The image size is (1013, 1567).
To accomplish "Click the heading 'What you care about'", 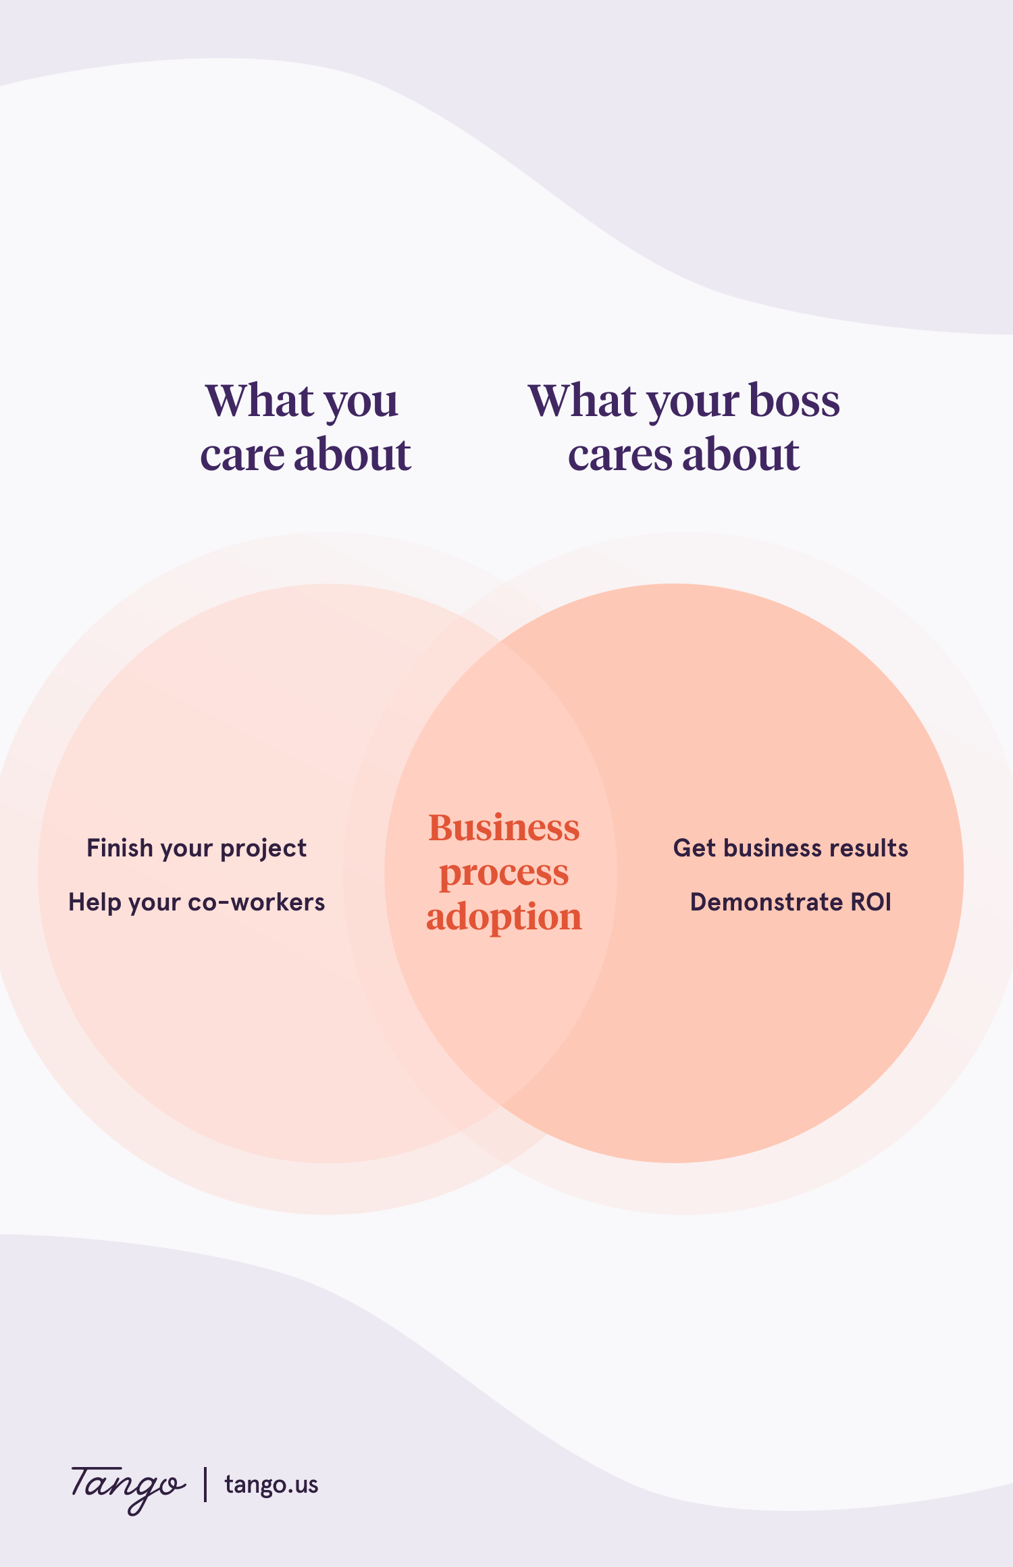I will [305, 427].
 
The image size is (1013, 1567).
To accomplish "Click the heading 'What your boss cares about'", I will [683, 427].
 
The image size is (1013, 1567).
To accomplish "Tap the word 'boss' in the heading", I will [794, 401].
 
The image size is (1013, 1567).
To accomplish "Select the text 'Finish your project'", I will [197, 848].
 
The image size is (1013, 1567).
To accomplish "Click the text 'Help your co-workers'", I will [197, 902].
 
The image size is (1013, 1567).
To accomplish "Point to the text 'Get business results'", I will [790, 848].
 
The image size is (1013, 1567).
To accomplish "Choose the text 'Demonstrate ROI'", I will [790, 902].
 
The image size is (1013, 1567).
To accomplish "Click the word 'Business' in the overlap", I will [504, 828].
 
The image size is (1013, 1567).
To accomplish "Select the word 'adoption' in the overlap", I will [504, 917].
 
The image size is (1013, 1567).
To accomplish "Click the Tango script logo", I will [127, 1486].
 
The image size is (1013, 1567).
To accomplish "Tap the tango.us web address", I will [271, 1485].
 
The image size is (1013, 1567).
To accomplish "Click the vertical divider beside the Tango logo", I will [205, 1484].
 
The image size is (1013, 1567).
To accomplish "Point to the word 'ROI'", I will [870, 902].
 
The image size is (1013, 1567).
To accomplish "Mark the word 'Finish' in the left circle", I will [120, 848].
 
